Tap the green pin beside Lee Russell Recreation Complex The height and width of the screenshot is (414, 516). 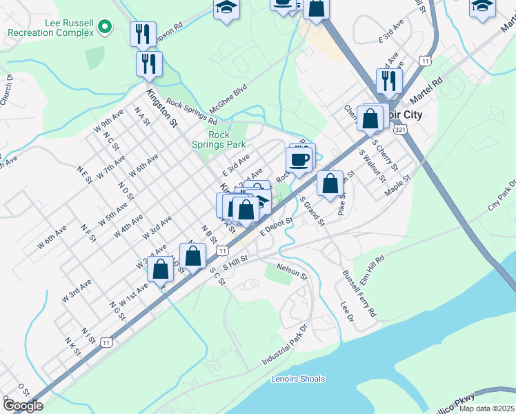pyautogui.click(x=105, y=28)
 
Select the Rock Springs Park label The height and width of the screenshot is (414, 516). pyautogui.click(x=227, y=140)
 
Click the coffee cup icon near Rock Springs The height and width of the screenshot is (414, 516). pyautogui.click(x=299, y=160)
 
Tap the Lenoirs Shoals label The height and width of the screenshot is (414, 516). pyautogui.click(x=298, y=379)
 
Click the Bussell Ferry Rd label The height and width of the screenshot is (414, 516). pyautogui.click(x=359, y=293)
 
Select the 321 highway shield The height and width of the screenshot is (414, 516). pyautogui.click(x=400, y=129)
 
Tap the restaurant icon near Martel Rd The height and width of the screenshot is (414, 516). pyautogui.click(x=389, y=81)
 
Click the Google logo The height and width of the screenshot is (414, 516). pyautogui.click(x=22, y=405)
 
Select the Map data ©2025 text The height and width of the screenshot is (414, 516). pyautogui.click(x=487, y=408)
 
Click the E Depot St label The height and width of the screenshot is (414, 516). pyautogui.click(x=277, y=226)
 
